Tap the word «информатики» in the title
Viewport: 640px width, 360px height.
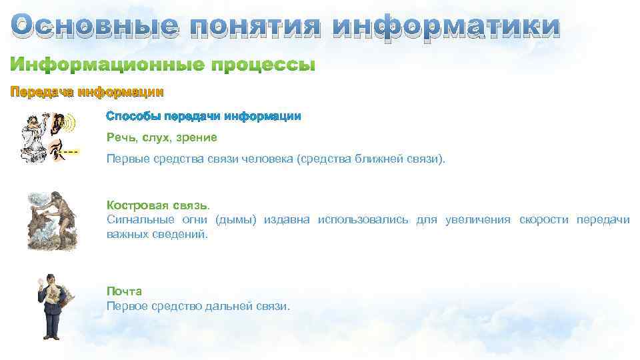coord(446,27)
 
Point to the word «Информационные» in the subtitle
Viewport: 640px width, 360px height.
coord(107,65)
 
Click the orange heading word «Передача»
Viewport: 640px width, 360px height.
coord(41,91)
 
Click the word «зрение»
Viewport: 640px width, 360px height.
coord(199,137)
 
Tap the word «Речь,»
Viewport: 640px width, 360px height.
coord(122,137)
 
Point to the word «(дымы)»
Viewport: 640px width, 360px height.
coord(236,220)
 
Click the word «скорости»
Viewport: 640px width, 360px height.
coord(543,220)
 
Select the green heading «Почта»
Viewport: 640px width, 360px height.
coord(124,291)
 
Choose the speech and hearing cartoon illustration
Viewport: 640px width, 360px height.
coord(48,137)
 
